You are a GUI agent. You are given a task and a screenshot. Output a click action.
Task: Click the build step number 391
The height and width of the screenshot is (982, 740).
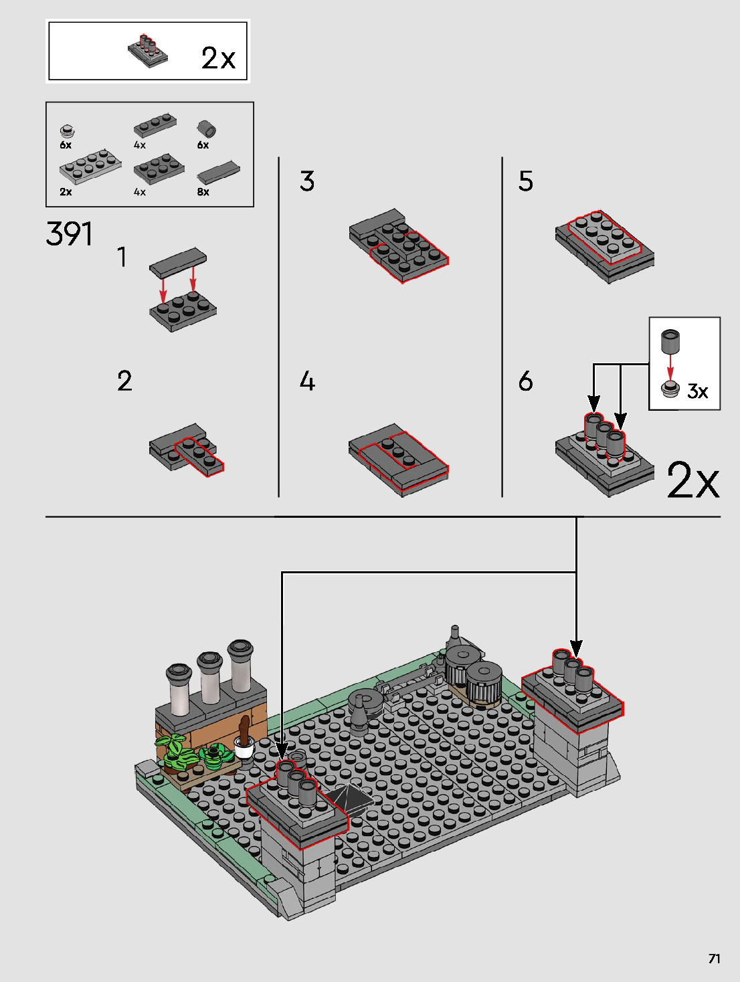point(69,234)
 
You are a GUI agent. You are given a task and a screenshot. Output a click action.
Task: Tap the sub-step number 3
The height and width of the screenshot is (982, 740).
point(307,181)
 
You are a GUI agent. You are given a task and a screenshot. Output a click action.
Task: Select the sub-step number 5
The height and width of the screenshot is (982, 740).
point(526,181)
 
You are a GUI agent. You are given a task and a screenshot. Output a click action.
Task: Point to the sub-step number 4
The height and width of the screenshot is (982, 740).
point(307,381)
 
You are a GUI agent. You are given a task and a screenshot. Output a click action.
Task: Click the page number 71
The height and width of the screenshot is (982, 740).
point(715,959)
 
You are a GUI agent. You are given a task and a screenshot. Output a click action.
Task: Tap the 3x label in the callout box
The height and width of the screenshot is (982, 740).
point(697,391)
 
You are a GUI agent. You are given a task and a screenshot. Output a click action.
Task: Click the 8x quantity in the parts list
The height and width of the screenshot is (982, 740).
point(203,192)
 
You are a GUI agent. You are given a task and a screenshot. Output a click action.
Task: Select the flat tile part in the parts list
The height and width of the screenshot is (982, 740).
point(217,172)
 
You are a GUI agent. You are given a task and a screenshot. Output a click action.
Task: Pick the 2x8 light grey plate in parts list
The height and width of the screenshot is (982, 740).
point(90,166)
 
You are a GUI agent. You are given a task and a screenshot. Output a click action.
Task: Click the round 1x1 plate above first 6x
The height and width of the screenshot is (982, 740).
point(66,130)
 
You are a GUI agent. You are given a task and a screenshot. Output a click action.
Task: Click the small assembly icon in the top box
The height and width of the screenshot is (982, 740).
point(148,50)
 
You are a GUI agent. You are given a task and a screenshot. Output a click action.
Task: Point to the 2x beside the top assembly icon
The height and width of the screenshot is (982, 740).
point(219,58)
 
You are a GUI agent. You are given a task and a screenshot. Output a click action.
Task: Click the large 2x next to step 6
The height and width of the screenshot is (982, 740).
point(693,480)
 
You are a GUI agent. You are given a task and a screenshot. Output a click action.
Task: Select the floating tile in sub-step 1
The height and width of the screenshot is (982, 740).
point(178,262)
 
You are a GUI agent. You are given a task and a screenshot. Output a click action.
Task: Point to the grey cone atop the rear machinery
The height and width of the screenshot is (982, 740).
point(455,635)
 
